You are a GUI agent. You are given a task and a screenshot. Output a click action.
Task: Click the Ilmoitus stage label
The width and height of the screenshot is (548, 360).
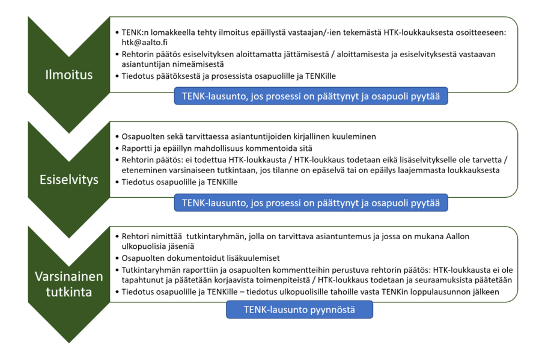click(x=70, y=75)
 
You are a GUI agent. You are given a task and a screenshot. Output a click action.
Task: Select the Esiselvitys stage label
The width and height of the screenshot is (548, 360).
click(x=70, y=180)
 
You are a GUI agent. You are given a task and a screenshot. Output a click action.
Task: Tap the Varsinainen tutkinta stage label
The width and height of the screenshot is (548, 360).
click(x=70, y=284)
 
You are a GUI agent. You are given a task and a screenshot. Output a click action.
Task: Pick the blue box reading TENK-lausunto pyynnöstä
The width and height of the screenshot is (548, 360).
click(x=299, y=310)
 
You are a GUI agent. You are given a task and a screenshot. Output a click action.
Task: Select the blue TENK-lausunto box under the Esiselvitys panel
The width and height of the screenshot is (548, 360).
click(x=311, y=203)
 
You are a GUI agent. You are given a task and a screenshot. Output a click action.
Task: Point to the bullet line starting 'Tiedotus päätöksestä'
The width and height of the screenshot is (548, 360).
click(x=228, y=76)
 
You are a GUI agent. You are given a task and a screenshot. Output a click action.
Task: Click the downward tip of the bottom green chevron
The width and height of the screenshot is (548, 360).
click(x=70, y=341)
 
